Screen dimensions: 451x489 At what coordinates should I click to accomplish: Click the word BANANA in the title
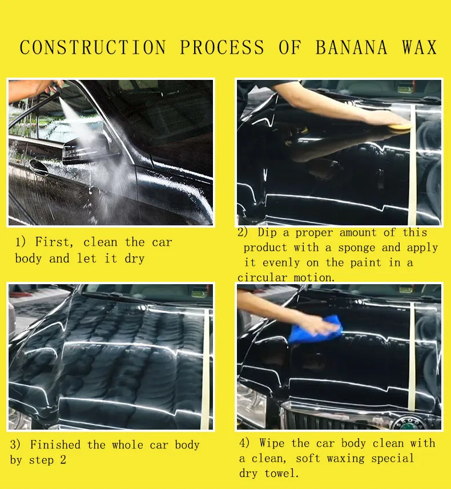[x=351, y=47]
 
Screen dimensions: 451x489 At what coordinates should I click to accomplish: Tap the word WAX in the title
[x=419, y=47]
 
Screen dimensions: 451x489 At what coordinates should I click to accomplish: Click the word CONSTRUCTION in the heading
[x=92, y=47]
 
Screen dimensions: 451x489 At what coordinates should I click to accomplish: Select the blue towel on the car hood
[x=315, y=330]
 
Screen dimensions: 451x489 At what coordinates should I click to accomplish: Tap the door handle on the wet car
[x=38, y=166]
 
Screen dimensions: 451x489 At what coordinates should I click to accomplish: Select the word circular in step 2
[x=262, y=277]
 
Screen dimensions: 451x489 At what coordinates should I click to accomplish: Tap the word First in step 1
[x=54, y=243]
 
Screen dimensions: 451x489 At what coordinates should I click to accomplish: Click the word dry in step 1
[x=135, y=259]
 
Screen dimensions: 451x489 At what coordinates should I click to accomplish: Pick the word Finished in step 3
[x=55, y=444]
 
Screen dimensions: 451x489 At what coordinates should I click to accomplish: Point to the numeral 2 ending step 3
[x=63, y=460]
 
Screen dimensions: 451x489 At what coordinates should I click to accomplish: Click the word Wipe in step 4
[x=272, y=443]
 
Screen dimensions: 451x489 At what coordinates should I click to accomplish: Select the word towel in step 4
[x=281, y=474]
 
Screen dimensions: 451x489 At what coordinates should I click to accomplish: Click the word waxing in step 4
[x=345, y=459]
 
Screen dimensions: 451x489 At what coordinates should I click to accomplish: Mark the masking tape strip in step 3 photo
[x=206, y=370]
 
